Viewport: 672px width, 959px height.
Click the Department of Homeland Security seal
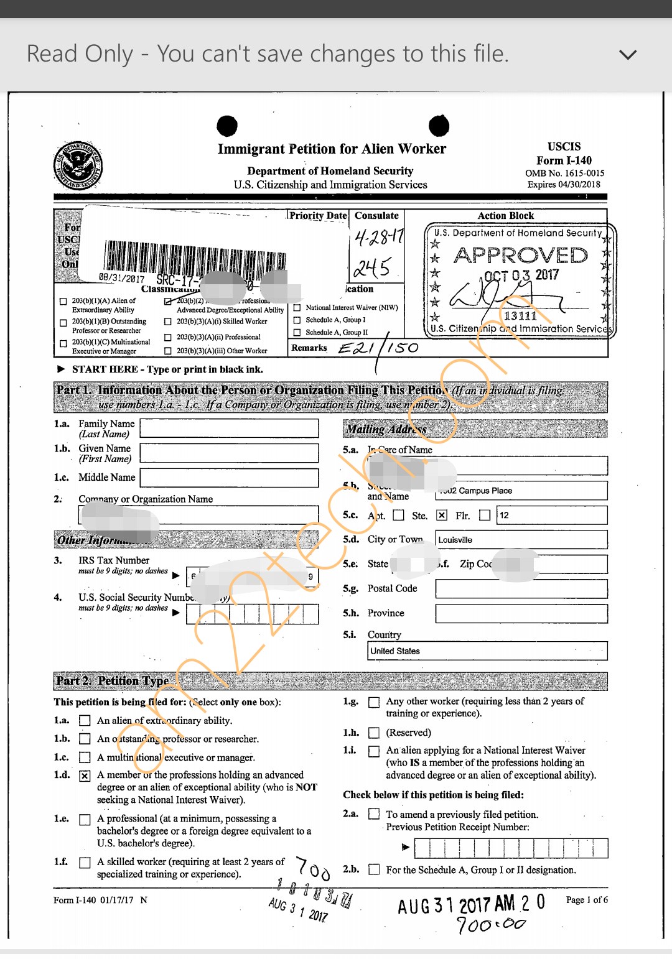[78, 165]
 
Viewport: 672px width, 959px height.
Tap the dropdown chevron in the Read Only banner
[628, 55]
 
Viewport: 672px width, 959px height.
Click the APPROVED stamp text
[520, 256]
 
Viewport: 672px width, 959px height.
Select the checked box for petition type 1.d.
[85, 776]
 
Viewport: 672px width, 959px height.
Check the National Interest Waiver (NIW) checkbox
[297, 308]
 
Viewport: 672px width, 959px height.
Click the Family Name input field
[230, 429]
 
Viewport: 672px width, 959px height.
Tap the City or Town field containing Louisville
[521, 540]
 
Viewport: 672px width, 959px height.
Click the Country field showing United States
[487, 651]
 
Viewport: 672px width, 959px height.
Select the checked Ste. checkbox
[442, 516]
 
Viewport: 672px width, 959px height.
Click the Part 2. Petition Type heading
[113, 681]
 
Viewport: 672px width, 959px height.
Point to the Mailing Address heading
[386, 429]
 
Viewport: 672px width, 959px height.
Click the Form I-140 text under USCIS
[564, 160]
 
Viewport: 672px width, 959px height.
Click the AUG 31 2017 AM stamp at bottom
[457, 905]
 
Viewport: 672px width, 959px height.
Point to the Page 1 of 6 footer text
[587, 900]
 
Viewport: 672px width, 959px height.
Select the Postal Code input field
[521, 589]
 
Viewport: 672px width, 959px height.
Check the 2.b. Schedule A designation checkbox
[374, 869]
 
